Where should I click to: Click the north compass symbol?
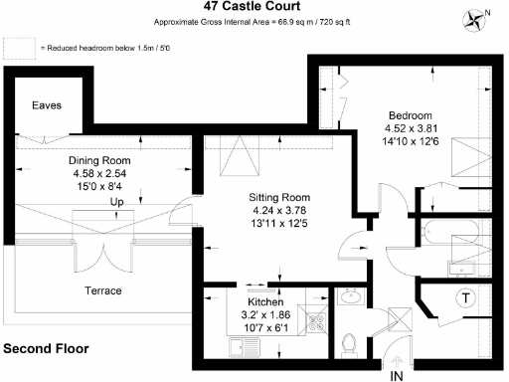coord(475,17)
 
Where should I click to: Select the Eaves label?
coord(47,105)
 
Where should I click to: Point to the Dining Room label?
coord(99,160)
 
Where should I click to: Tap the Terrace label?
coord(101,290)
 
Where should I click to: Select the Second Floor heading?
coord(46,349)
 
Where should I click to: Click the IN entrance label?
coord(397,375)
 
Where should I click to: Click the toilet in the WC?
coord(349,343)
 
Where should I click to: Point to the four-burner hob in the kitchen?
coord(317,321)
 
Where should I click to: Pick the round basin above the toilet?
coord(350,296)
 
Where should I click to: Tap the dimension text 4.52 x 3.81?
coord(411,127)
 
